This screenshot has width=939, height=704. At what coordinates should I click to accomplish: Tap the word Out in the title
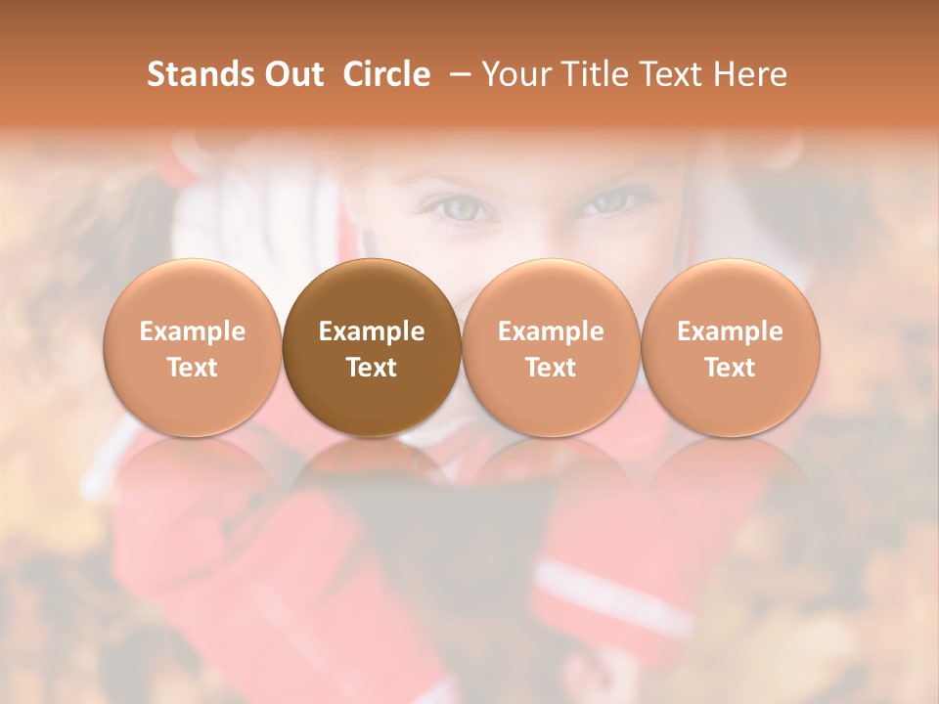(x=291, y=74)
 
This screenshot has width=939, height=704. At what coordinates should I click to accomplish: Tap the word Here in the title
(x=751, y=74)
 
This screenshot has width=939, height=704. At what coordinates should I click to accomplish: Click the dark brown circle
(x=372, y=348)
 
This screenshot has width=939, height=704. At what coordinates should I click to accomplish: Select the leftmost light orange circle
(x=192, y=348)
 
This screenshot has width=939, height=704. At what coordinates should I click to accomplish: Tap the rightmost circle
(x=730, y=348)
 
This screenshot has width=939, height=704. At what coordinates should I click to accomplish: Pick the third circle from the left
(x=551, y=348)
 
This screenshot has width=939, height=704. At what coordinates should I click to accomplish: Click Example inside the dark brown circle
(x=372, y=331)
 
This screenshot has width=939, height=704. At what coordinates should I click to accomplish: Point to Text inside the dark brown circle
(x=372, y=368)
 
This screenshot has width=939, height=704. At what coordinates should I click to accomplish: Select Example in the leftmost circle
(x=192, y=331)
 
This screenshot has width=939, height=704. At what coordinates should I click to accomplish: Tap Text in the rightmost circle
(x=730, y=368)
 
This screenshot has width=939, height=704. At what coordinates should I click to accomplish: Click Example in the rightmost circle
(x=730, y=331)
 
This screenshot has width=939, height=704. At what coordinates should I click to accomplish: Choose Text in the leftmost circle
(x=192, y=368)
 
